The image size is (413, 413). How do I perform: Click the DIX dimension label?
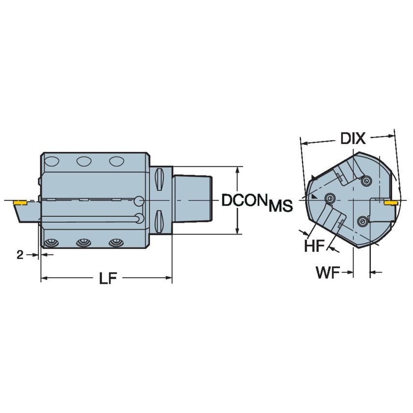353,138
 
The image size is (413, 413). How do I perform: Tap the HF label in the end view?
314,246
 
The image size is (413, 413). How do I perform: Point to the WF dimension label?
327,273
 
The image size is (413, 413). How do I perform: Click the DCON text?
244,201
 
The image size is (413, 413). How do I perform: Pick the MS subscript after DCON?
280,206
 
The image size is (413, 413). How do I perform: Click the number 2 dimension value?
20,255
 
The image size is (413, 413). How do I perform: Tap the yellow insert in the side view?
20,202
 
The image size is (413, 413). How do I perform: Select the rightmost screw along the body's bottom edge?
115,242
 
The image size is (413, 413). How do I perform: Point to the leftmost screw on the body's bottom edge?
50,243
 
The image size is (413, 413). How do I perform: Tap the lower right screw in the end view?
363,221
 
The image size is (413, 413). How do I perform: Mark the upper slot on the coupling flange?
161,182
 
